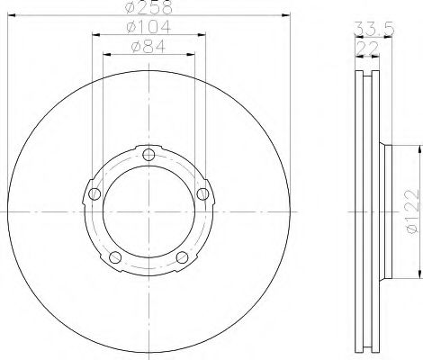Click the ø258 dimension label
(x=149, y=7)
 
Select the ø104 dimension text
(x=148, y=27)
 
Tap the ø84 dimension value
(x=148, y=47)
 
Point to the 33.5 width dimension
(x=373, y=29)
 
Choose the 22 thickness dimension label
(x=367, y=48)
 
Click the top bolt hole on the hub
(x=148, y=155)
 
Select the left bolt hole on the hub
(x=94, y=193)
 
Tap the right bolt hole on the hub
(x=202, y=193)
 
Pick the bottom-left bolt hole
(x=115, y=257)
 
